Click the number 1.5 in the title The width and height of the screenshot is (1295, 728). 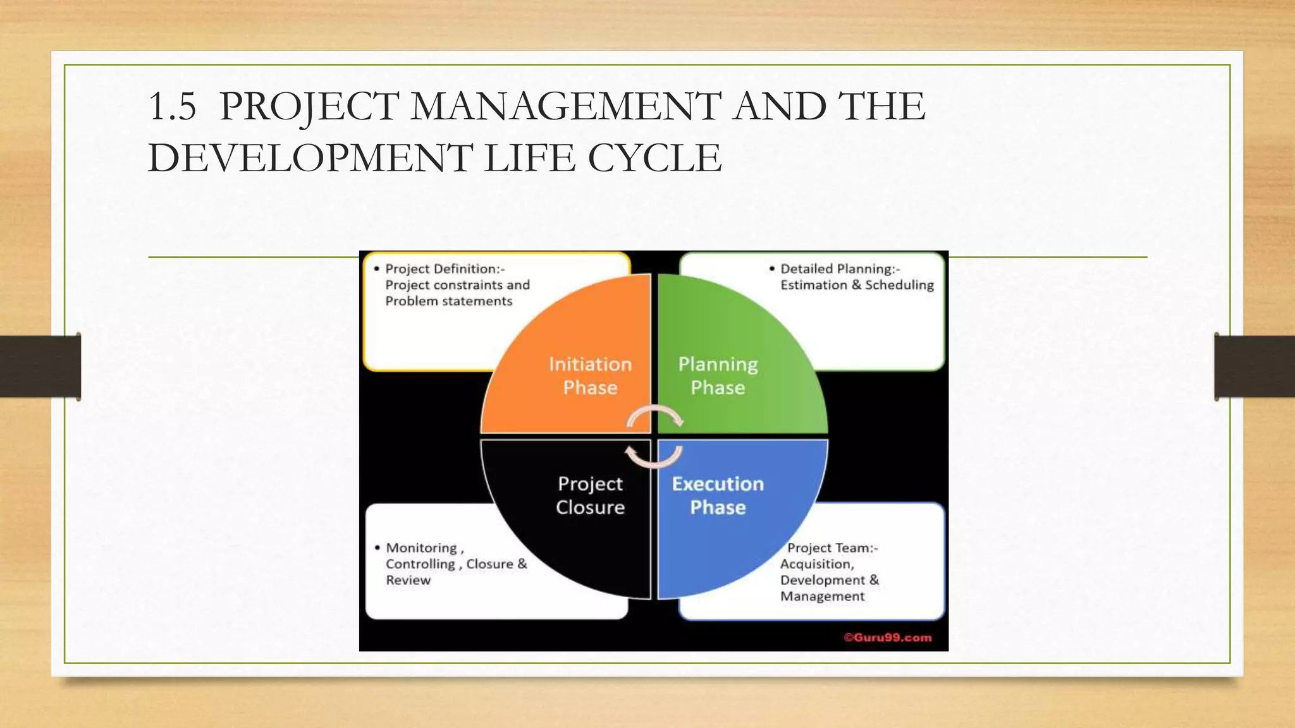coord(172,106)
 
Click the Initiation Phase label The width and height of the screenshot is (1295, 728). coord(590,375)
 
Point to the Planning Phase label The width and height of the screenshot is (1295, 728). coord(718,375)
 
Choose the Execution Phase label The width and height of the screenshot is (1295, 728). coord(718,495)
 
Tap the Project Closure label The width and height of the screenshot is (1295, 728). coord(590,495)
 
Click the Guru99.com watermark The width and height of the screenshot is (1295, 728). coord(887,638)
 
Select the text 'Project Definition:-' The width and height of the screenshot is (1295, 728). coord(445,269)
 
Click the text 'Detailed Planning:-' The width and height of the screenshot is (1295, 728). coord(840,269)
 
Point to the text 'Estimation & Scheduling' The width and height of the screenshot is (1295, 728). coord(857,285)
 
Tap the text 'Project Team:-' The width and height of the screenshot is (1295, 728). coord(832,548)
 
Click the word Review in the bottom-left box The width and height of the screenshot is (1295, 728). coord(408,580)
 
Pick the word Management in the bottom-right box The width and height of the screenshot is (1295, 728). coord(822,596)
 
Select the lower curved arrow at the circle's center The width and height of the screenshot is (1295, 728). coord(653,458)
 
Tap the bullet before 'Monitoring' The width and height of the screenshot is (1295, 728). coord(377,548)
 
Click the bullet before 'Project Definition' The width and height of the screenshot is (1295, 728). coord(377,269)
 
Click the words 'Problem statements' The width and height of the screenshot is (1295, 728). coord(448,301)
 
